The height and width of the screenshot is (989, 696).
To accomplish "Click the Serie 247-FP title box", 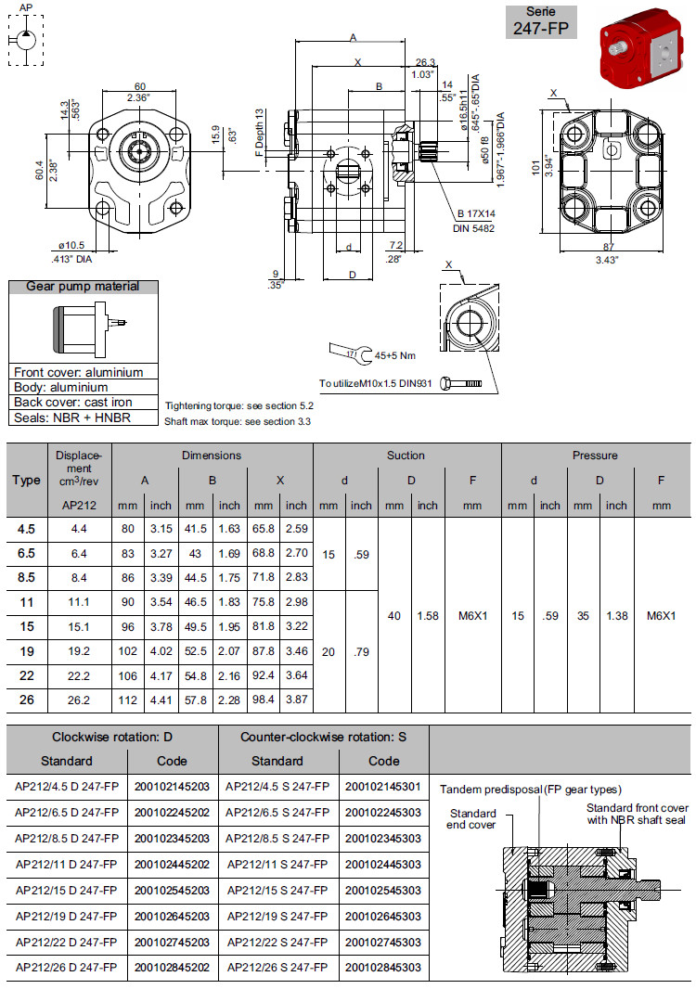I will tap(540, 22).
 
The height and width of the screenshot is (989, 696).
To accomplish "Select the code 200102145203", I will tap(172, 786).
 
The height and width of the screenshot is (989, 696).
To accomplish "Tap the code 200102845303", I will tap(383, 968).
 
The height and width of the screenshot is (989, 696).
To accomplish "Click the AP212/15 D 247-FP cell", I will tap(67, 890).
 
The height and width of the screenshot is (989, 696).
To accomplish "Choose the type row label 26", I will tap(27, 700).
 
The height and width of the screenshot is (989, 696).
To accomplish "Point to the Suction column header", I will tap(406, 456).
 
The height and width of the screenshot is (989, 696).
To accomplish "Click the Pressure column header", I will tap(595, 456).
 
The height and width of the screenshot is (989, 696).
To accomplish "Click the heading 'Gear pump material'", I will tap(83, 287).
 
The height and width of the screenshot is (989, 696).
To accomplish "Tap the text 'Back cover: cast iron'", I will tap(72, 402).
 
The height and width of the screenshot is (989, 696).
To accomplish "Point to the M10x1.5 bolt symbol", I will tap(461, 383).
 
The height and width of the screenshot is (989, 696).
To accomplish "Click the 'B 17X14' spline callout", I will tap(475, 213).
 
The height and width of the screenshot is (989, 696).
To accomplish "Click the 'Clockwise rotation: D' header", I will tap(111, 737).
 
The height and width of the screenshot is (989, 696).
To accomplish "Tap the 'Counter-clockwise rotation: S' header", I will tap(324, 737).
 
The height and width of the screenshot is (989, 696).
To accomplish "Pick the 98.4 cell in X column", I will tap(264, 700).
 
